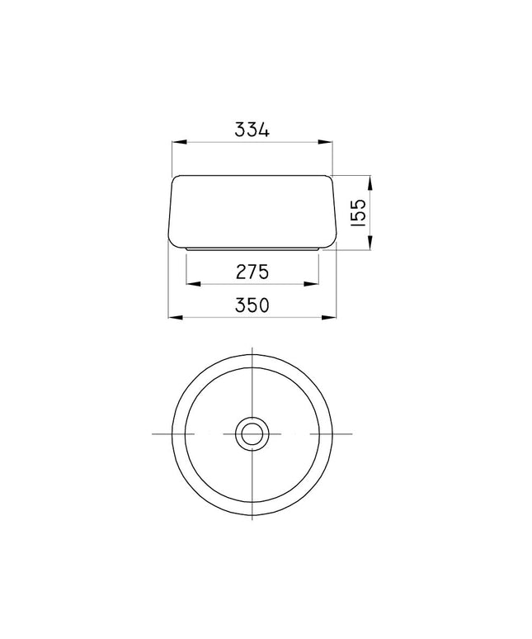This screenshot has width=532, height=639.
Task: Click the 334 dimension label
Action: [x=252, y=130]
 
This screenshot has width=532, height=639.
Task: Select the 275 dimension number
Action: [x=252, y=272]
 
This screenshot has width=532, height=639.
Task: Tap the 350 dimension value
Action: [x=252, y=305]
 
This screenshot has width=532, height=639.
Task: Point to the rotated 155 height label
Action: [x=359, y=212]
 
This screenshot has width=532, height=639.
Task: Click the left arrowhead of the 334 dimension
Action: [x=180, y=142]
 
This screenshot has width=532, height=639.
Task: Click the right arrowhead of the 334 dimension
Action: [x=325, y=142]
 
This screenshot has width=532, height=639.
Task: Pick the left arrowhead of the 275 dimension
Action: [x=193, y=284]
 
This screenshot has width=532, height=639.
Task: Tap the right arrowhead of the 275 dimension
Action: [x=311, y=284]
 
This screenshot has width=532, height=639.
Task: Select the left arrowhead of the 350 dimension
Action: [x=176, y=317]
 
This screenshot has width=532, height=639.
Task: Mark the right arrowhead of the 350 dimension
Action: [x=329, y=317]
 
